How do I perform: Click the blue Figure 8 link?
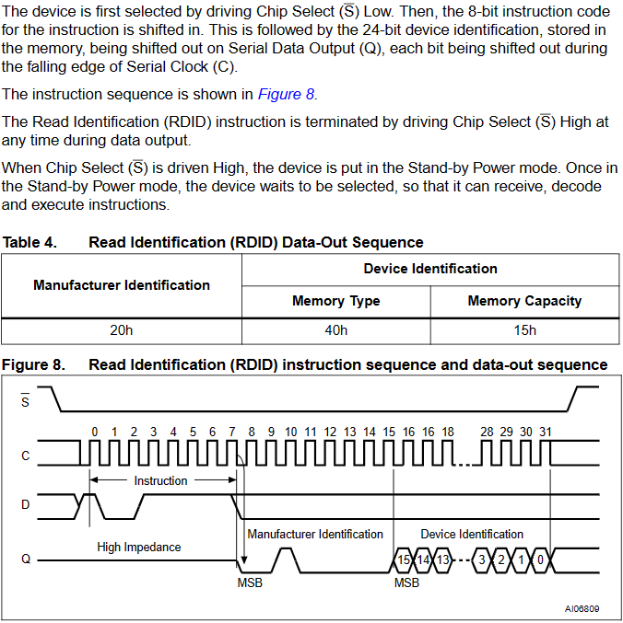[286, 94]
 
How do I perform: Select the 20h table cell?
[122, 330]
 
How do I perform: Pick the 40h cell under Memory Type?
[336, 330]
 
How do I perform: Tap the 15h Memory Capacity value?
[524, 330]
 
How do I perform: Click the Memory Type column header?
[336, 301]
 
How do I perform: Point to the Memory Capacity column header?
[524, 301]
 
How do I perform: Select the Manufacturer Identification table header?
[122, 285]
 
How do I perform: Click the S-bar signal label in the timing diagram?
[25, 400]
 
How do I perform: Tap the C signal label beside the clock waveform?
[26, 456]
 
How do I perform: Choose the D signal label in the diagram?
[26, 504]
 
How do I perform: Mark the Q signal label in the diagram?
[26, 559]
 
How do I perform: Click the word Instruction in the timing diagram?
[160, 480]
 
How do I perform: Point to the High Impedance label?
[139, 548]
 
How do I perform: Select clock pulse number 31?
[546, 432]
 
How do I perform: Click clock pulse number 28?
[487, 432]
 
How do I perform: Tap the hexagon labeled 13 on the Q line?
[442, 560]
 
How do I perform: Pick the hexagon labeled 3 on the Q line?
[482, 560]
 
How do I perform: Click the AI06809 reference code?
[582, 608]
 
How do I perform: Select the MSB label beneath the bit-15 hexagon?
[406, 583]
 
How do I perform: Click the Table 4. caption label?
[29, 242]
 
